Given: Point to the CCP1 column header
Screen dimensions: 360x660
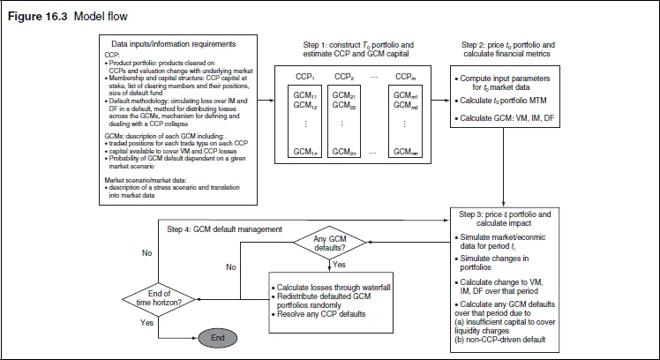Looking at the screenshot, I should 306,79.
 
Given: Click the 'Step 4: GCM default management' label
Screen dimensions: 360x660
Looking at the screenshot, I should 224,228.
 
